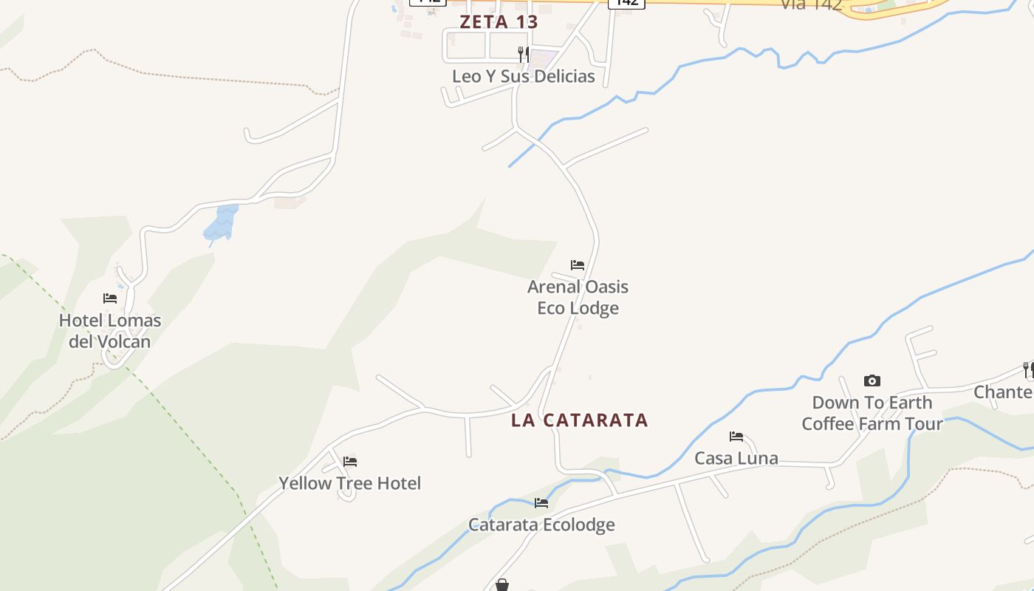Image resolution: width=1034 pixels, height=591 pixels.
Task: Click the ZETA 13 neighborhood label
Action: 499,21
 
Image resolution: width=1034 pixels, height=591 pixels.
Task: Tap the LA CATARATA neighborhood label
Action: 580,420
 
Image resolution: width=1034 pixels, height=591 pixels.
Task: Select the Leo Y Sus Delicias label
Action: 523,76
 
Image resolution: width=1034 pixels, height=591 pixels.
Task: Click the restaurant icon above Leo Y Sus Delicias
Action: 523,53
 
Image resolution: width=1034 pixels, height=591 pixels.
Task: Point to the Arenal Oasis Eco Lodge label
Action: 578,297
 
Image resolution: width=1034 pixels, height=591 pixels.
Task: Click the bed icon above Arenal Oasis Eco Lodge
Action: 578,264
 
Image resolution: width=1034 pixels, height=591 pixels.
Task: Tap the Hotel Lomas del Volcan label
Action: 110,331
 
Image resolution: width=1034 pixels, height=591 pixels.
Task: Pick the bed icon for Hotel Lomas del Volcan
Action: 110,298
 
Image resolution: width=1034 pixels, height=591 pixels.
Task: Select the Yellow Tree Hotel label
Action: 349,483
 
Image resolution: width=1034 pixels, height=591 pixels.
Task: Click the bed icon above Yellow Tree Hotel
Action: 350,462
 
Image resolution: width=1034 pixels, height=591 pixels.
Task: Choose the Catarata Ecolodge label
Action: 541,525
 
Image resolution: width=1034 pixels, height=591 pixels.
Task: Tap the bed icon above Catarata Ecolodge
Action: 541,503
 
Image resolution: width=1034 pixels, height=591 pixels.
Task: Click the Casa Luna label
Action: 736,458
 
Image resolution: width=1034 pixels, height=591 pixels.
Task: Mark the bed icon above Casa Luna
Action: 736,437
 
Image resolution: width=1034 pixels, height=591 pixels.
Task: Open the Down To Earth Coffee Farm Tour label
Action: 872,413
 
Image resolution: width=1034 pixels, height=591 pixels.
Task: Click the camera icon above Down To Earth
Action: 872,381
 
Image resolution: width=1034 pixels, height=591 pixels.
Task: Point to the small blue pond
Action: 221,223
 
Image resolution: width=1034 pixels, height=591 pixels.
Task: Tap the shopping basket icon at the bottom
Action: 502,585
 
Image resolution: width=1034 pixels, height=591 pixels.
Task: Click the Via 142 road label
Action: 811,4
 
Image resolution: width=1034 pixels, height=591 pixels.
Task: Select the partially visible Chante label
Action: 1003,392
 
